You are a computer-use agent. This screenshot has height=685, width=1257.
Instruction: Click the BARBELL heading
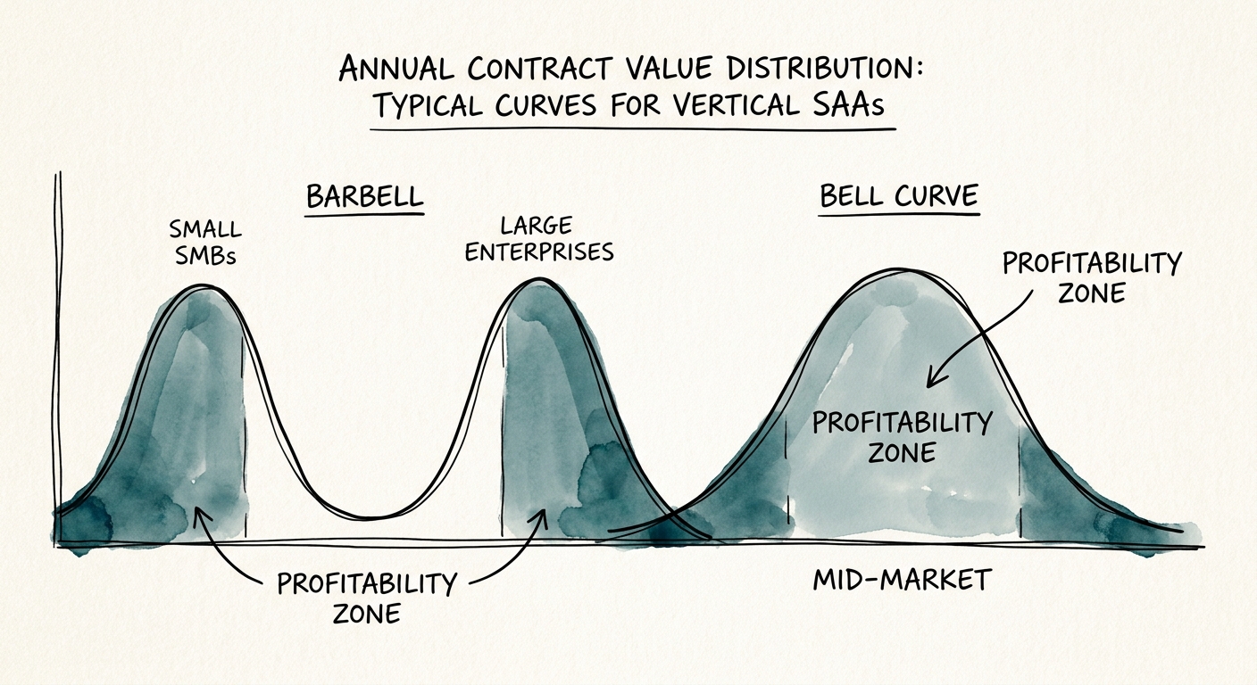pos(364,197)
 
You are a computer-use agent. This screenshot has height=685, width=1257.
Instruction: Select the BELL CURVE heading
pos(899,197)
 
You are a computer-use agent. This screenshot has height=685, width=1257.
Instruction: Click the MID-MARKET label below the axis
pos(902,581)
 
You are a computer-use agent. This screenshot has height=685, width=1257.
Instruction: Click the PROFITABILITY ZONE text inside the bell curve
pos(902,436)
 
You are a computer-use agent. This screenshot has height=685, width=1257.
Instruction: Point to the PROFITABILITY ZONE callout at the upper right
pos(1091,277)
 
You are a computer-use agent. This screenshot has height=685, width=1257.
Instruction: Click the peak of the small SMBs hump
pos(204,287)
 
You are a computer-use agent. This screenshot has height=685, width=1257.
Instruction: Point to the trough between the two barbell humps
pos(375,517)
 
